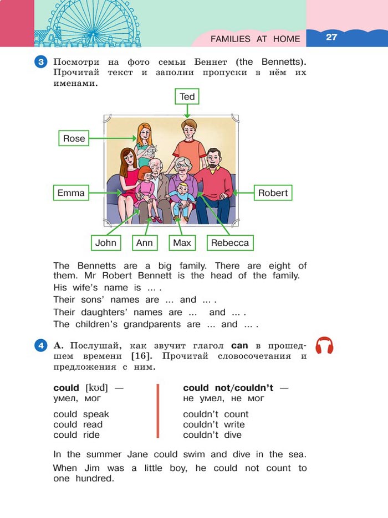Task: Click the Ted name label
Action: point(187,97)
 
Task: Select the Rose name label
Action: point(74,138)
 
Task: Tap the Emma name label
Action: point(71,193)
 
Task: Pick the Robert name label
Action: point(273,193)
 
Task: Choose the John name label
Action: point(106,242)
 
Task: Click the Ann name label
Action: point(144,242)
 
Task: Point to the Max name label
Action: point(182,242)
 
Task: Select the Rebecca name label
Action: point(230,242)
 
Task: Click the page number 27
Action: point(331,37)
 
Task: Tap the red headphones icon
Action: point(324,345)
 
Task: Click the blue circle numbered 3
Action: point(41,61)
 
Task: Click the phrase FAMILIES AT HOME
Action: point(255,39)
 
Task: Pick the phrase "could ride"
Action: point(76,435)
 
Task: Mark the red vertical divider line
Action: point(159,411)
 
